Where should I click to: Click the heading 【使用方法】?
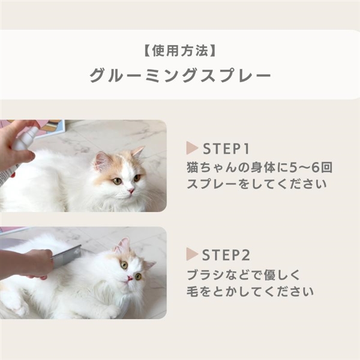pyautogui.click(x=180, y=50)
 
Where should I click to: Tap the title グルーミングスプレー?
pyautogui.click(x=180, y=75)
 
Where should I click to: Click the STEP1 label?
pyautogui.click(x=226, y=149)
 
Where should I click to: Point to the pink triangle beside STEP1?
pyautogui.click(x=192, y=148)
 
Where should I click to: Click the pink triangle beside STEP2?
pyautogui.click(x=192, y=254)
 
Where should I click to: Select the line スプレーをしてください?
pyautogui.click(x=256, y=184)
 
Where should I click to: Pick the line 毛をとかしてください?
pyautogui.click(x=250, y=291)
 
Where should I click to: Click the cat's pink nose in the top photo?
pyautogui.click(x=131, y=190)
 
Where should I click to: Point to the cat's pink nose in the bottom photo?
pyautogui.click(x=130, y=278)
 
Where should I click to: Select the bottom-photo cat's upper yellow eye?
pyautogui.click(x=124, y=265)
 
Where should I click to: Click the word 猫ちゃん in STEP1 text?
pyautogui.click(x=209, y=167)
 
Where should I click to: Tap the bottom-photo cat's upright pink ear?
pyautogui.click(x=123, y=245)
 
